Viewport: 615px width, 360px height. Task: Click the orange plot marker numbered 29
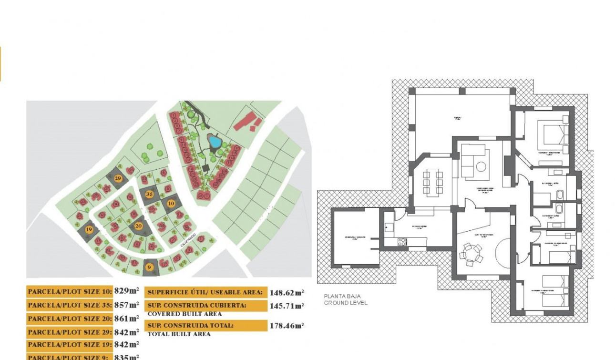pos(119,178)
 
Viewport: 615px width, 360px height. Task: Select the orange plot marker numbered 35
pos(149,194)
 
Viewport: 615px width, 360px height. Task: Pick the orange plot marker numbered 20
pos(139,226)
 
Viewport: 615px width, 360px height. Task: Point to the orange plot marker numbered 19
pos(89,229)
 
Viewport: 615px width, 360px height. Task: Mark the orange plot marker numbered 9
pos(150,267)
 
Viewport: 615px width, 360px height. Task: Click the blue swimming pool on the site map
pos(214,142)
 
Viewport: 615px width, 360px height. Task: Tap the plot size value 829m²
pos(126,291)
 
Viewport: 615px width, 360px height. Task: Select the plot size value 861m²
pos(126,318)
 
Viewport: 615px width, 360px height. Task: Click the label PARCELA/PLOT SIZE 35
pos(70,305)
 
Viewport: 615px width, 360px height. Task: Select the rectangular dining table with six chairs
pos(432,182)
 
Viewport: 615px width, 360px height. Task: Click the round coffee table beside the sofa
pos(481,166)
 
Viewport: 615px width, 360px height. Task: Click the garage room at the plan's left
pos(355,237)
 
